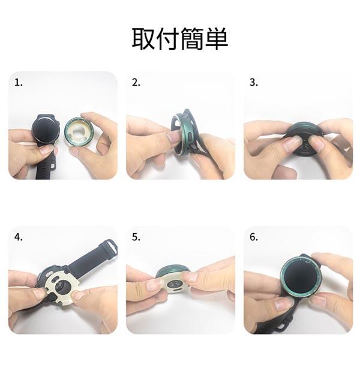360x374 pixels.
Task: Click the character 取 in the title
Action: pos(143,38)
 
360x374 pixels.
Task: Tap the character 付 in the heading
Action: pos(167,38)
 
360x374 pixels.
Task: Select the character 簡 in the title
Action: pos(191,38)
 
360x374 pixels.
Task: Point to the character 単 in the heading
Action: pos(216,38)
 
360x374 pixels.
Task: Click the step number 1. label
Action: pos(19,83)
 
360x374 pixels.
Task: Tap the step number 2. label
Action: pos(136,83)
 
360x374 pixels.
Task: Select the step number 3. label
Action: pos(254,82)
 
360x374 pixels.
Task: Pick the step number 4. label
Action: pos(19,237)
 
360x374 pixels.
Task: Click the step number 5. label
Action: pos(136,237)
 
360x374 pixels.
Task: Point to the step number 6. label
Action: pos(254,237)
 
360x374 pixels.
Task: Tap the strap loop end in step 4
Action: pos(110,247)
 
